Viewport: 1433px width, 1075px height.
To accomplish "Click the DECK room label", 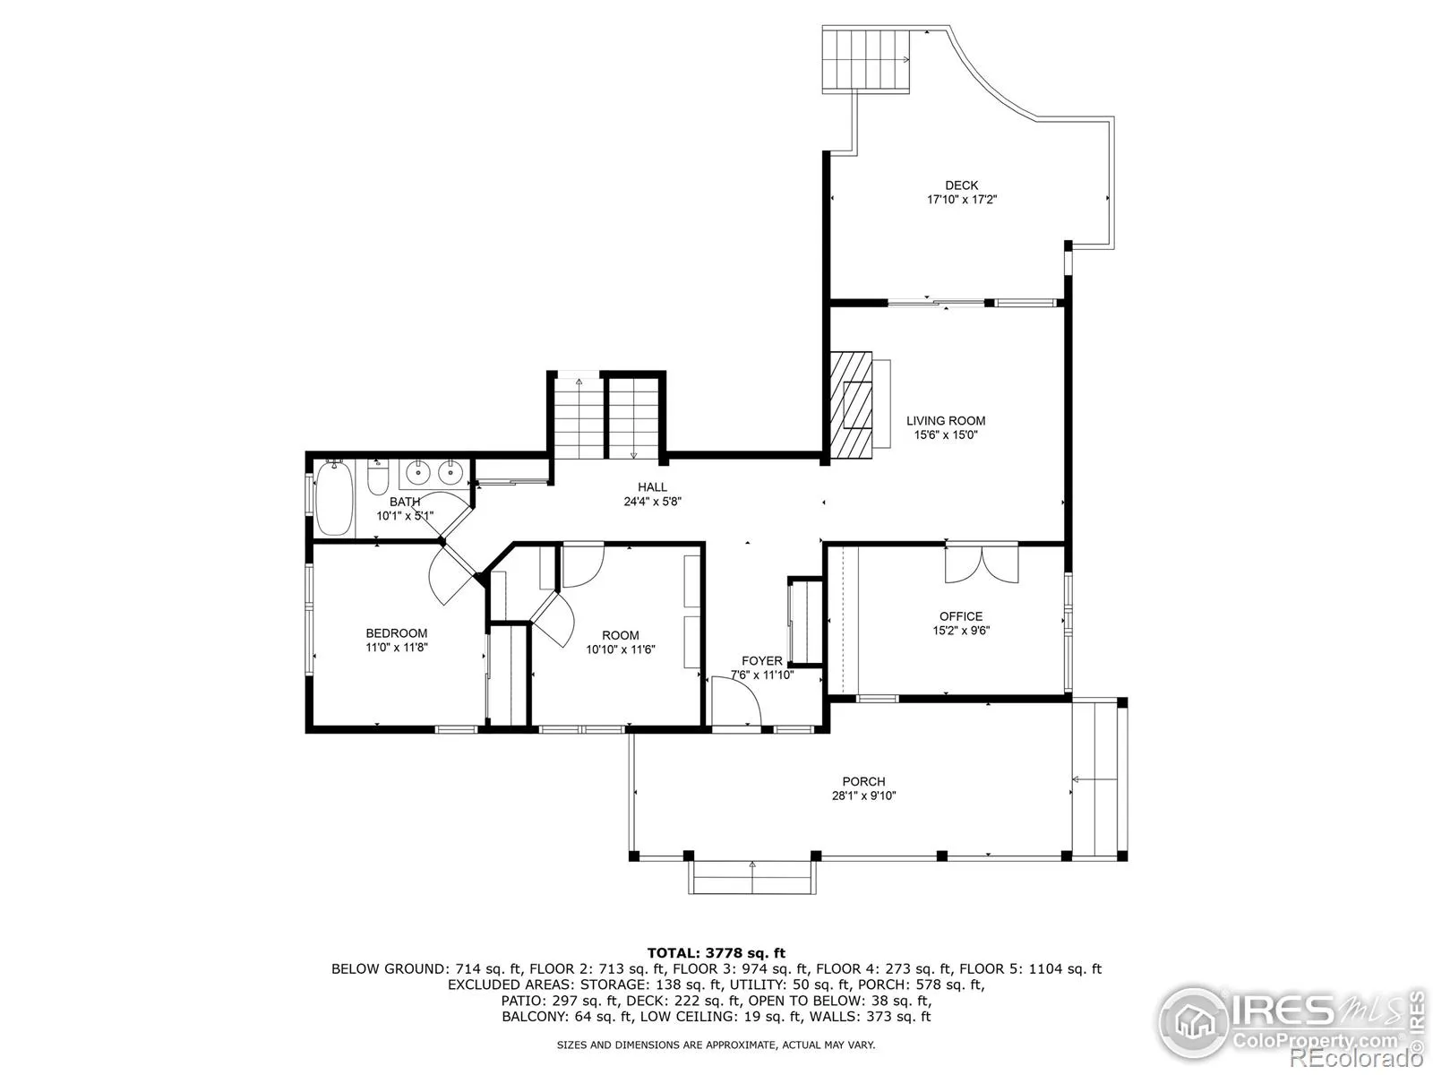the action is [x=961, y=185].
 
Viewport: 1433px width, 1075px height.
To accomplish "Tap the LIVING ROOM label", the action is [x=945, y=421].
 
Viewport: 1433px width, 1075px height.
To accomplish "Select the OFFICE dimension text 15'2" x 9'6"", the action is [x=961, y=631].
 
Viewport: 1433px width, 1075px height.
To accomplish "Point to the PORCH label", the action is [x=863, y=781].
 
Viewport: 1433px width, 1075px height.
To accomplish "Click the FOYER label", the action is [x=762, y=660].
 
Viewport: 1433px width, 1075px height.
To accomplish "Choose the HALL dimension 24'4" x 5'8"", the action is [x=652, y=502].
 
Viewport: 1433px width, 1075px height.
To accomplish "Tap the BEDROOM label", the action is [x=396, y=633].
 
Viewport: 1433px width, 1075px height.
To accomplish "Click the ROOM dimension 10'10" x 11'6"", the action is [x=620, y=649].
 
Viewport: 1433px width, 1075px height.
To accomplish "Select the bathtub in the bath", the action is [x=335, y=498].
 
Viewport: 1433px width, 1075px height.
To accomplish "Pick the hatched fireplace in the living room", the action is [x=852, y=405].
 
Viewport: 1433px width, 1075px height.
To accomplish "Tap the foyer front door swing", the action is [x=736, y=701].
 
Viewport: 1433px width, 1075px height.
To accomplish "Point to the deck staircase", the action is [x=866, y=60].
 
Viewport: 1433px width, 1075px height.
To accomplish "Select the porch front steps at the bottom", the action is [x=752, y=877].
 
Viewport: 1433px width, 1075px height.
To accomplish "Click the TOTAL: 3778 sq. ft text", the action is [x=716, y=953].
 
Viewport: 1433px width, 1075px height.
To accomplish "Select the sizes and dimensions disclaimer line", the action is [x=716, y=1045].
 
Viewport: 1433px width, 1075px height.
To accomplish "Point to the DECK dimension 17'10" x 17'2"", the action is [x=962, y=200].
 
